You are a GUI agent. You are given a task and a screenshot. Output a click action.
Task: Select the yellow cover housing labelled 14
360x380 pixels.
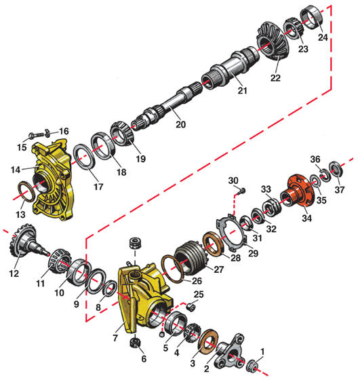click(x=52, y=179)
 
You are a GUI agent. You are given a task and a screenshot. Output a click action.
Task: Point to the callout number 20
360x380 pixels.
click(x=180, y=124)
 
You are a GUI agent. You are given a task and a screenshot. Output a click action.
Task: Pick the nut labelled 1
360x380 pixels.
click(x=252, y=364)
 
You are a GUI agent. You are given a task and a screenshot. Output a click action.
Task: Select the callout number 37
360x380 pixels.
click(x=340, y=189)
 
